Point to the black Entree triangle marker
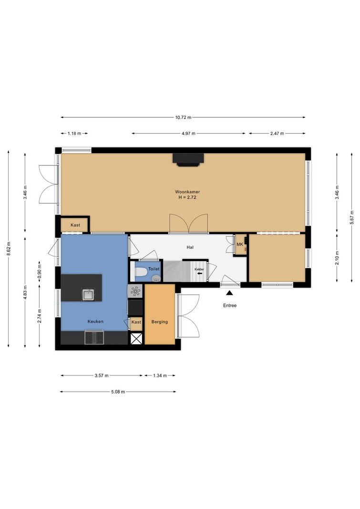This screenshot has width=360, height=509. click(230, 293)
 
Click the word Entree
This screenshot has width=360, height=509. click(230, 305)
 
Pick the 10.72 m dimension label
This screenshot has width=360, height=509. click(183, 117)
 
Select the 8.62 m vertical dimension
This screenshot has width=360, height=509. click(9, 249)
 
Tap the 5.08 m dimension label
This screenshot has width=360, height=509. click(118, 392)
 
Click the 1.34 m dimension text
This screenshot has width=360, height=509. click(160, 375)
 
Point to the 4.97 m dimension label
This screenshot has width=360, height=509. click(188, 134)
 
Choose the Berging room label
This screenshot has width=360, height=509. click(160, 322)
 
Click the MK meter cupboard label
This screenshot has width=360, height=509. click(240, 244)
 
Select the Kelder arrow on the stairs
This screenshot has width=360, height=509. click(199, 273)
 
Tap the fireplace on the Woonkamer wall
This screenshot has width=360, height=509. click(188, 160)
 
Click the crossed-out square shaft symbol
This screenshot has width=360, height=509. click(136, 338)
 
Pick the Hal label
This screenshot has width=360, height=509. click(190, 248)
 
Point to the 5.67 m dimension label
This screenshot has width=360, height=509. click(352, 218)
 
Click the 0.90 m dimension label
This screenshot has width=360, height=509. click(40, 273)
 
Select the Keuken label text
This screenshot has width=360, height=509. click(95, 322)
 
